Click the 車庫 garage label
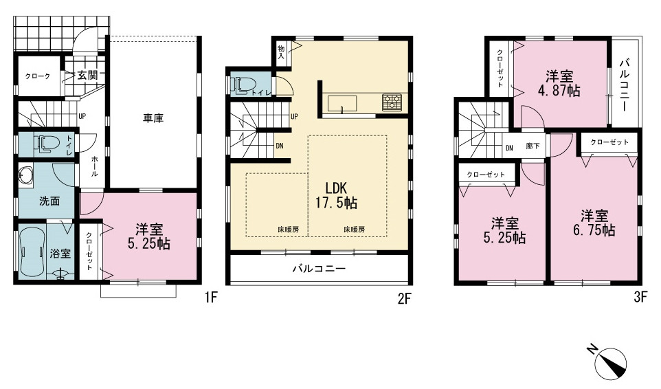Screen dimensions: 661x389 (153, 118)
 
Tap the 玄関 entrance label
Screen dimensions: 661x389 (87, 76)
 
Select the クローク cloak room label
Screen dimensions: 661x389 (38, 76)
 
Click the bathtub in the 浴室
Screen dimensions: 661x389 (32, 252)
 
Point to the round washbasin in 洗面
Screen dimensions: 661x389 (25, 175)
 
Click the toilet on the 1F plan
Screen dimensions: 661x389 (46, 144)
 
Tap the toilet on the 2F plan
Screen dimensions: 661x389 (243, 85)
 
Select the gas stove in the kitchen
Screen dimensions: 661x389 (392, 102)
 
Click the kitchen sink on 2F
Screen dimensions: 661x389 (342, 104)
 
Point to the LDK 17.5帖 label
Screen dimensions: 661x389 (337, 196)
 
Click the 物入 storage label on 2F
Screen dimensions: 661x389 (281, 52)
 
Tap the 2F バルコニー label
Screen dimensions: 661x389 (319, 269)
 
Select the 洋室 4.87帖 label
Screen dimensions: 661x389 (559, 84)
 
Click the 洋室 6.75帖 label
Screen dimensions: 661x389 (594, 223)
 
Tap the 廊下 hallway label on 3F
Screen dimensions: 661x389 (533, 146)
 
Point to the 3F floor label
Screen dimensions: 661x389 (640, 298)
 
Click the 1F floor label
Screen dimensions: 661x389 (211, 298)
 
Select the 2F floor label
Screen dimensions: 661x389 (404, 299)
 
